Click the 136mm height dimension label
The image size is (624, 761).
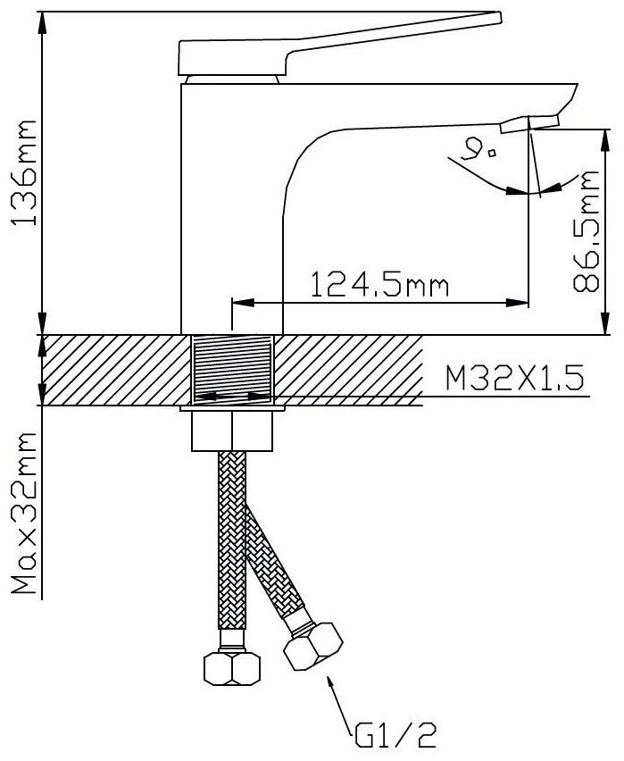(24, 171)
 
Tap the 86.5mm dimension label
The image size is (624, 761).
(586, 231)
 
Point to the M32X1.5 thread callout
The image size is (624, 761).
(514, 379)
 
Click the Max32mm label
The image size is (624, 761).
(24, 514)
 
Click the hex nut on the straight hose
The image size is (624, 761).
(232, 669)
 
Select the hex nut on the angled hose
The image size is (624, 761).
(313, 647)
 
